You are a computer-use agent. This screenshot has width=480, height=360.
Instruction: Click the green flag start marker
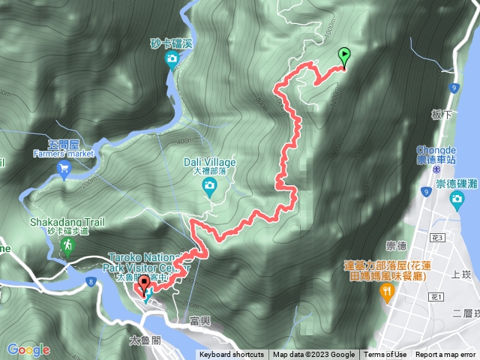(344, 55)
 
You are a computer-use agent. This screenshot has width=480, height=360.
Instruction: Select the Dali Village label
(209, 162)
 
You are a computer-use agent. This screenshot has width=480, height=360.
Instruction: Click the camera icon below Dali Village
(210, 184)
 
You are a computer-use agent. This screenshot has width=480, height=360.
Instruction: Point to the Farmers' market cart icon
(64, 169)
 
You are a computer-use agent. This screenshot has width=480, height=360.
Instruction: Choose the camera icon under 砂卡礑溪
(172, 58)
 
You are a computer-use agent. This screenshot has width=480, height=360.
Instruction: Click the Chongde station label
(437, 154)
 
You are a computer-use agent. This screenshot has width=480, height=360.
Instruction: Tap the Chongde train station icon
(436, 170)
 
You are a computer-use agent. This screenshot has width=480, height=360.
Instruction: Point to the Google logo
(28, 349)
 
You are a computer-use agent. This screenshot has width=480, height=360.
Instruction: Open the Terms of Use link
(385, 355)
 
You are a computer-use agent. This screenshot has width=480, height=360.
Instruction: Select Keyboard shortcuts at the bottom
(232, 355)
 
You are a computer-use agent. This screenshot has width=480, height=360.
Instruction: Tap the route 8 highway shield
(91, 282)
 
